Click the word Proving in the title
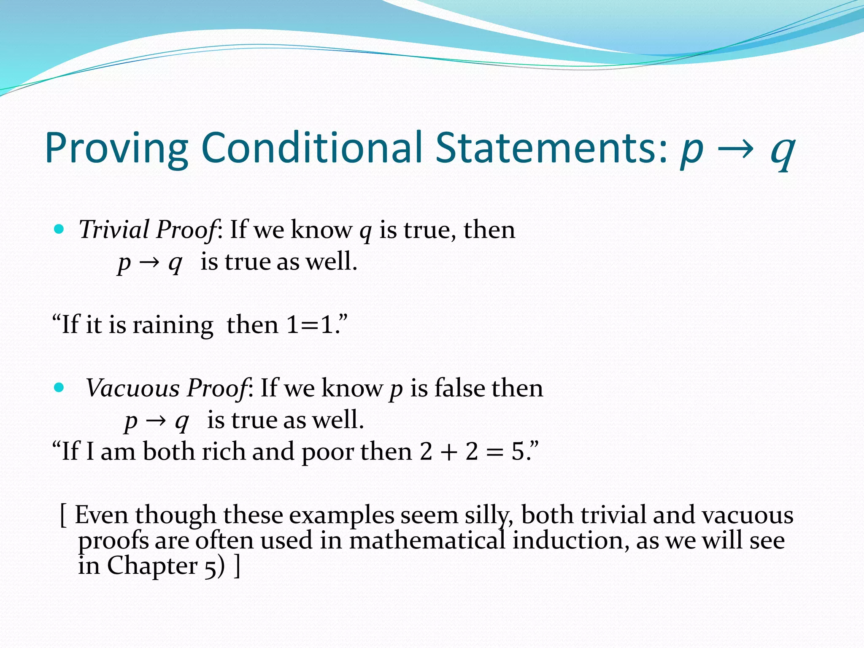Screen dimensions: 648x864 tap(116, 148)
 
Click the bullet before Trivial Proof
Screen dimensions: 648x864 tap(59, 229)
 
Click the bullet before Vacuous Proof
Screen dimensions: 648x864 tap(59, 387)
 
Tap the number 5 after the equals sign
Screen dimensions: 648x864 tap(518, 451)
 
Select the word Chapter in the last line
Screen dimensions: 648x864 tap(152, 566)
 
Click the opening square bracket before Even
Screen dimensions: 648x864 tap(63, 516)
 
